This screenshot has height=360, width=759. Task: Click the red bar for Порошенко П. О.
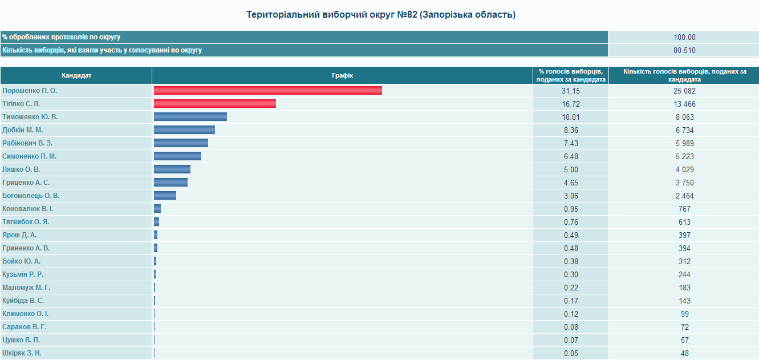tap(267, 91)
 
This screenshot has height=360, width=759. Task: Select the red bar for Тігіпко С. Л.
tap(215, 104)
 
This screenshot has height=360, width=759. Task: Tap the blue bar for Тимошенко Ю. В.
tap(190, 116)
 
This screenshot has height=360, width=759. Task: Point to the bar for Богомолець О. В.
tap(165, 196)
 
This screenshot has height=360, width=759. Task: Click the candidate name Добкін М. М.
tap(22, 130)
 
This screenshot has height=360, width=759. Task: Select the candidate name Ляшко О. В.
tap(21, 169)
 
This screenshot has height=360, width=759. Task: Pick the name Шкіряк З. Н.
tap(22, 353)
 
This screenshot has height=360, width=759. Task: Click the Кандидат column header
tap(76, 75)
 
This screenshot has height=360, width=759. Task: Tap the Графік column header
tap(342, 75)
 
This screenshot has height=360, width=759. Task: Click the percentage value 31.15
tap(571, 91)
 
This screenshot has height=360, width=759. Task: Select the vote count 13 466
tap(684, 104)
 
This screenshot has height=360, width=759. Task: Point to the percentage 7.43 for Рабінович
tap(571, 143)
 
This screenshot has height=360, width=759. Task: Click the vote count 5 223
tap(684, 157)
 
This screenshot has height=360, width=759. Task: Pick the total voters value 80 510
tap(684, 51)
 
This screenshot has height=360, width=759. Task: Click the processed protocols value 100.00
tap(684, 37)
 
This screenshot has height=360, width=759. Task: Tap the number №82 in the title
tap(407, 15)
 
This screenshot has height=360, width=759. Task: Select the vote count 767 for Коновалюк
tap(684, 209)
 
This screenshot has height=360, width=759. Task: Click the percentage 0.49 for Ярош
tap(571, 235)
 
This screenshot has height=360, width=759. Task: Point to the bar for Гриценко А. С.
tap(171, 183)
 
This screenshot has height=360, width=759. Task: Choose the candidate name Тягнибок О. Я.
tap(26, 222)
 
